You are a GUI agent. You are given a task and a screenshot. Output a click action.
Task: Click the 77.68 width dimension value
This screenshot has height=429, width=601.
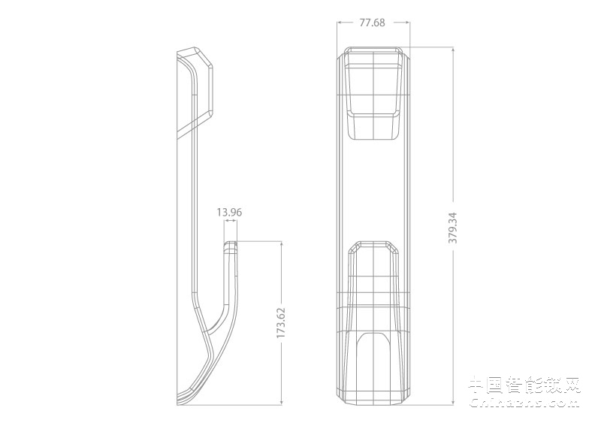point(372,23)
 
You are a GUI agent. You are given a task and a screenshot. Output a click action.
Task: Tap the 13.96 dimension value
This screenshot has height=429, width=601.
point(229,213)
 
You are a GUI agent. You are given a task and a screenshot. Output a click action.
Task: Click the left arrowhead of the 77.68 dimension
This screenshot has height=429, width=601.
point(338,23)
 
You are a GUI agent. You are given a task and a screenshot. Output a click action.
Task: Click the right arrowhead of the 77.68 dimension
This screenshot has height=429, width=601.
point(408,23)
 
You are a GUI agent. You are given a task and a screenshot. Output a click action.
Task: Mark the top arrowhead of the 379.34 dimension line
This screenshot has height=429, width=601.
point(452,49)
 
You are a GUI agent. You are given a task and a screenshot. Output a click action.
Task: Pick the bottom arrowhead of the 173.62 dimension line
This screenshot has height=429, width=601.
point(281,404)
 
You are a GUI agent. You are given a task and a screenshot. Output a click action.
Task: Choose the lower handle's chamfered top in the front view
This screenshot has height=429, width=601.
point(373,246)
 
